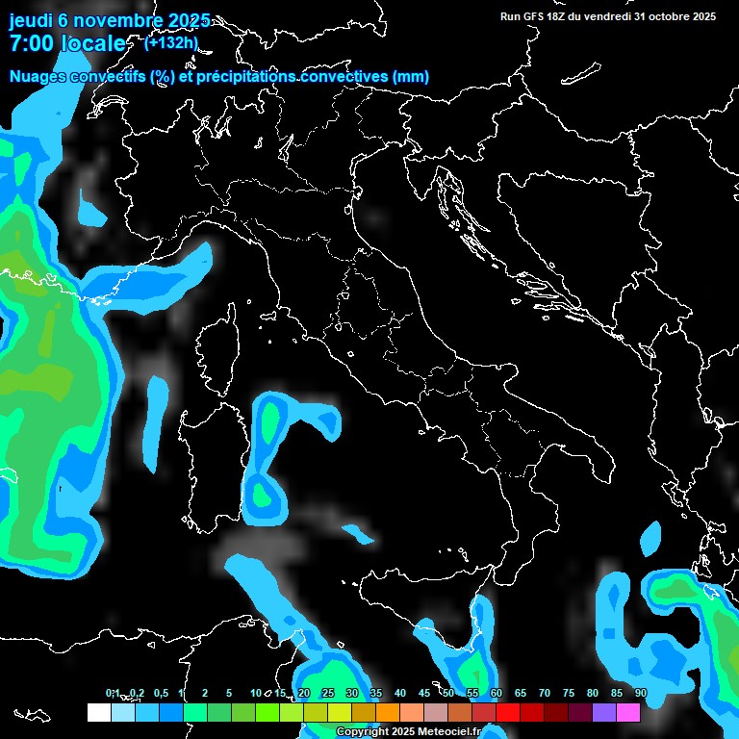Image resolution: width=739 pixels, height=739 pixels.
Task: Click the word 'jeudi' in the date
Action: [x=31, y=20]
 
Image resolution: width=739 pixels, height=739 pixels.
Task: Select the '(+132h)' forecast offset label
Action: [x=171, y=42]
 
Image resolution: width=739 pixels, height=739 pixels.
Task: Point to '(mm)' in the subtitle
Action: [x=410, y=76]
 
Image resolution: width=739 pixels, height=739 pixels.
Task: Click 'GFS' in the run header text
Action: [x=534, y=15]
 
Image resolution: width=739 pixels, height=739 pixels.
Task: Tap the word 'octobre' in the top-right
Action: [x=664, y=15]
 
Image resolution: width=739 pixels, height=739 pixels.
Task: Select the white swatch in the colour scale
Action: [x=99, y=712]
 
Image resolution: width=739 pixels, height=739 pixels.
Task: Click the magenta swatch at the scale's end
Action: [x=628, y=712]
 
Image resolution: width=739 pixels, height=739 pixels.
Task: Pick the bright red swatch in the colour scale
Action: [x=508, y=712]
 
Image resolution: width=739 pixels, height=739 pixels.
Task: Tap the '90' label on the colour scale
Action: [x=640, y=693]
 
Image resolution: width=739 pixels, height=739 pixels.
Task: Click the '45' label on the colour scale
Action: [x=424, y=693]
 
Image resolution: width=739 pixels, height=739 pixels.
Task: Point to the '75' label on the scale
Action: [x=569, y=693]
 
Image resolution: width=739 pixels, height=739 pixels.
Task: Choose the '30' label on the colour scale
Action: [x=352, y=693]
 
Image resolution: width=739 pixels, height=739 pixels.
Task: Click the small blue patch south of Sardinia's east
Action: [x=358, y=532]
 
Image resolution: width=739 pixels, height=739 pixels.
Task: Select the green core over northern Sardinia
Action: [x=270, y=416]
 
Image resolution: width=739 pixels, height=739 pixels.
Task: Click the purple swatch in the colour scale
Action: [x=604, y=712]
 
